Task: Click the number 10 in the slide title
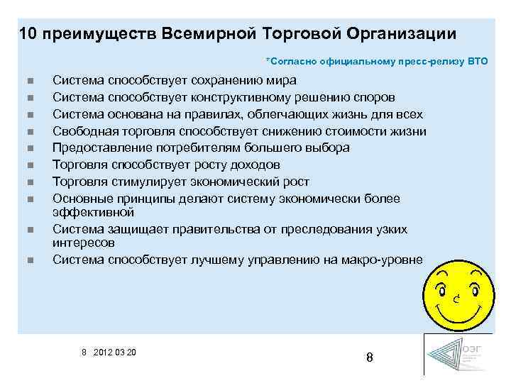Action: click(29, 34)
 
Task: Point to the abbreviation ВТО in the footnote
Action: click(478, 62)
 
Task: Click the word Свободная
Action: click(84, 131)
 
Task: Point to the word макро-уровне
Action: click(380, 260)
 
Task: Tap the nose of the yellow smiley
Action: click(458, 299)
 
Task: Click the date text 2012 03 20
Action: click(118, 353)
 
